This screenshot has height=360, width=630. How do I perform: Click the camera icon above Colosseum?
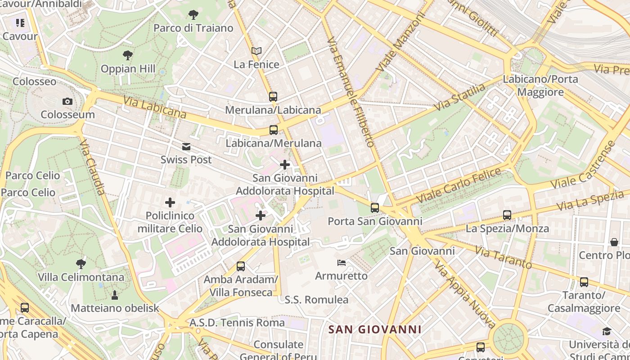pyautogui.click(x=67, y=101)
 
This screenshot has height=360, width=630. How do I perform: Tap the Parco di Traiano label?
pyautogui.click(x=193, y=28)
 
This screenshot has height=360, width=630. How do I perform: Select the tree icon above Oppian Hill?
pyautogui.click(x=128, y=55)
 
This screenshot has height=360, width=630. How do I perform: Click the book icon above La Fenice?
pyautogui.click(x=256, y=51)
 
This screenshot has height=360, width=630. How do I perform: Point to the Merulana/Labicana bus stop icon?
pyautogui.click(x=273, y=96)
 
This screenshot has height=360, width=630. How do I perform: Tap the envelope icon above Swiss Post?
pyautogui.click(x=186, y=147)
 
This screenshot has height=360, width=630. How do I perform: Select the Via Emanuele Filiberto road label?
pyautogui.click(x=351, y=92)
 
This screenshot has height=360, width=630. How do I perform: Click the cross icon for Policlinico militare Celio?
pyautogui.click(x=170, y=202)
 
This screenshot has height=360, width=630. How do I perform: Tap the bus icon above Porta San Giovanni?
pyautogui.click(x=375, y=207)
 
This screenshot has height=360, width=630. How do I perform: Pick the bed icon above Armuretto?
pyautogui.click(x=342, y=262)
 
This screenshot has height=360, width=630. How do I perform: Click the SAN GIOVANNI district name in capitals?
pyautogui.click(x=375, y=329)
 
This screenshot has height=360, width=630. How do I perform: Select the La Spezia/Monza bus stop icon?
pyautogui.click(x=507, y=215)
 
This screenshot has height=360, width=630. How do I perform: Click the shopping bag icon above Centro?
pyautogui.click(x=614, y=242)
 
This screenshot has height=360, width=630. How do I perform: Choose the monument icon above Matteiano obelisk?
pyautogui.click(x=115, y=295)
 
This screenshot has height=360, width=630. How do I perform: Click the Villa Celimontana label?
pyautogui.click(x=81, y=277)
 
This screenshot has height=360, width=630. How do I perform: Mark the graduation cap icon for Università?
pyautogui.click(x=607, y=332)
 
